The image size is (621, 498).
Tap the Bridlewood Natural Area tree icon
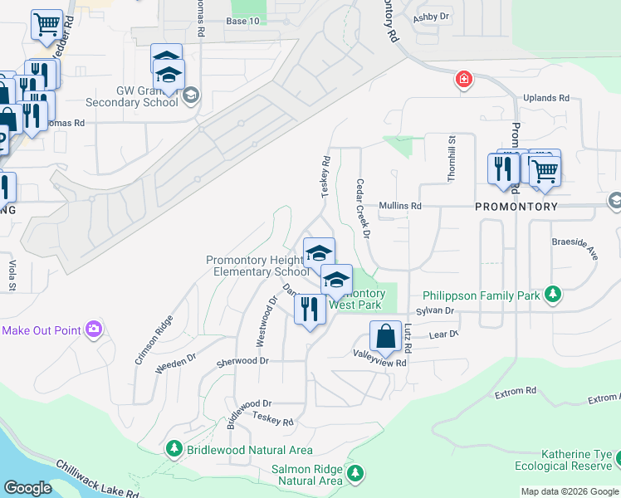coord(174,450)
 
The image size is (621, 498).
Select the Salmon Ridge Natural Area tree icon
coord(355,474)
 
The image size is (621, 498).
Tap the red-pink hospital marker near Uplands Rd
coord(463,80)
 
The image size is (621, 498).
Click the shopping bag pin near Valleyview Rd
coord(385,338)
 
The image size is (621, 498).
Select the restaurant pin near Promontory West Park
coord(310,310)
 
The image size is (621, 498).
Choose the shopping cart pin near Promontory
coord(545,171)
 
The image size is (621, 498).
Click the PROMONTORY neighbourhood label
coord(516,206)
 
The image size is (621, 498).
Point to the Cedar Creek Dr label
coord(362,207)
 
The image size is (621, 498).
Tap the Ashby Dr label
coord(431,17)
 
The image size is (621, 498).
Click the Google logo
coord(28,488)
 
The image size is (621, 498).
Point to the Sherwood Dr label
coord(242,361)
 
